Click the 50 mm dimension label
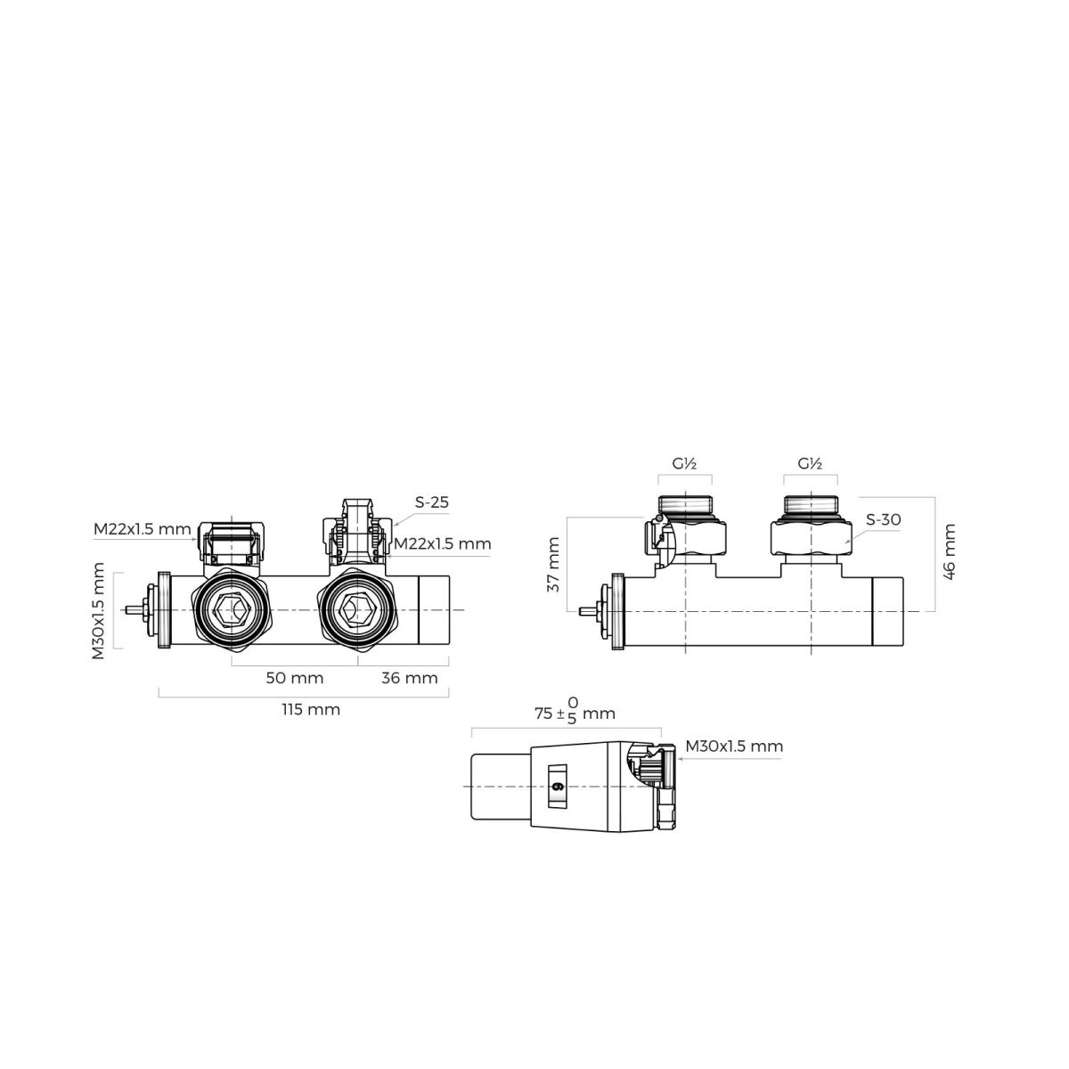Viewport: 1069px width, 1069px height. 294,678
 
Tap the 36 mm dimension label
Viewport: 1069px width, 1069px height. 410,678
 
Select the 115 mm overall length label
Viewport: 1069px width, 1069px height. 311,709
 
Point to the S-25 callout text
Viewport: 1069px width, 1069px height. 431,502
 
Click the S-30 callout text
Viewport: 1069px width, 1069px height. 883,519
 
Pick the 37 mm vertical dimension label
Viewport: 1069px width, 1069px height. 553,564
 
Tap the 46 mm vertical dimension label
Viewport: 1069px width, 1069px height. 949,552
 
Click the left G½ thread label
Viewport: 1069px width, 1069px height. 684,463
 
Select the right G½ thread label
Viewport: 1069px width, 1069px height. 810,463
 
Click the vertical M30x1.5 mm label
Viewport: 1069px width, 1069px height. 98,611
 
